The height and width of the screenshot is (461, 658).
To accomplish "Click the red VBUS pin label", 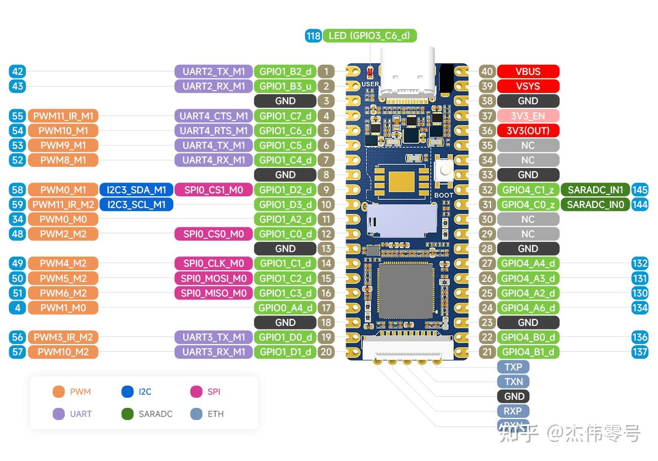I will (528, 71).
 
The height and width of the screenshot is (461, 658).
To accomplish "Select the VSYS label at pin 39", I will (528, 86).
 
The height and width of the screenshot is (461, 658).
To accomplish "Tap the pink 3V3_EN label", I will (528, 116).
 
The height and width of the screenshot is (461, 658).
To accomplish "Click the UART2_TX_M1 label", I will (213, 71).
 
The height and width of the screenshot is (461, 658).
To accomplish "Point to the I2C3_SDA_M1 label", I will (136, 190).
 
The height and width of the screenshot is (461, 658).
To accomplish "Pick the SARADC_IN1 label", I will (595, 190).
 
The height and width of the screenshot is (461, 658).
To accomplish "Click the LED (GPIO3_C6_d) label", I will (369, 35).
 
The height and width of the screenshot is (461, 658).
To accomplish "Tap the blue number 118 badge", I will (313, 35).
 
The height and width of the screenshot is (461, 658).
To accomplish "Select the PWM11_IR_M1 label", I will (63, 116).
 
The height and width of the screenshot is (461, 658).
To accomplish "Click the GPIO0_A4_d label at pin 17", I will (285, 308).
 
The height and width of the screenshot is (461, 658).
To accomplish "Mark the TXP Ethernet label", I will (513, 367).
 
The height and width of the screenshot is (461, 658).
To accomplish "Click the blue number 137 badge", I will (640, 352).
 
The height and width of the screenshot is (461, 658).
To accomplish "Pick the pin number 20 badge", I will (326, 352).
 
